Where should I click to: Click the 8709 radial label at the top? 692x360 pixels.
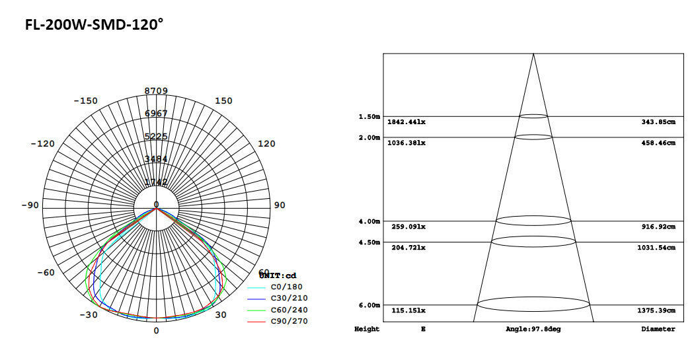pos(157,91)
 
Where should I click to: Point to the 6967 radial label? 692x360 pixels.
pos(157,114)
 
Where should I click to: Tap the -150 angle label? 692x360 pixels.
pos(85,101)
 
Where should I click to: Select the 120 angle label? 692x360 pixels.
pos(266,144)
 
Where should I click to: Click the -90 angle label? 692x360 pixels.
pos(30,205)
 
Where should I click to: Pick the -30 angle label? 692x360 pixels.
pos(89,315)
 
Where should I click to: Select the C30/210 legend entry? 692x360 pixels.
pos(289,299)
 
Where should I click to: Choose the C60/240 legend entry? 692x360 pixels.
pos(289,310)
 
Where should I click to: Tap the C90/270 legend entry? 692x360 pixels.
pos(289,321)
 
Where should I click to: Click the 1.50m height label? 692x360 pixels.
pos(369,117)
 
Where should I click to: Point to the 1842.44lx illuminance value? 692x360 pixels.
pos(406,123)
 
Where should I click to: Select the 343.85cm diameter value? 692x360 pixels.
pos(658,123)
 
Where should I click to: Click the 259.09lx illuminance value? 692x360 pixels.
pos(406,227)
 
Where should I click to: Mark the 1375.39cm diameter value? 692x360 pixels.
pos(656,310)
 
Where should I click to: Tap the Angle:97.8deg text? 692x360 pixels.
pos(533,329)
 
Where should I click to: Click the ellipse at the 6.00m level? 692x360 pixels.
pos(533,305)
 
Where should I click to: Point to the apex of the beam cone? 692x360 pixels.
pos(533,54)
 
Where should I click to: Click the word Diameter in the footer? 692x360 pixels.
pos(658,329)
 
